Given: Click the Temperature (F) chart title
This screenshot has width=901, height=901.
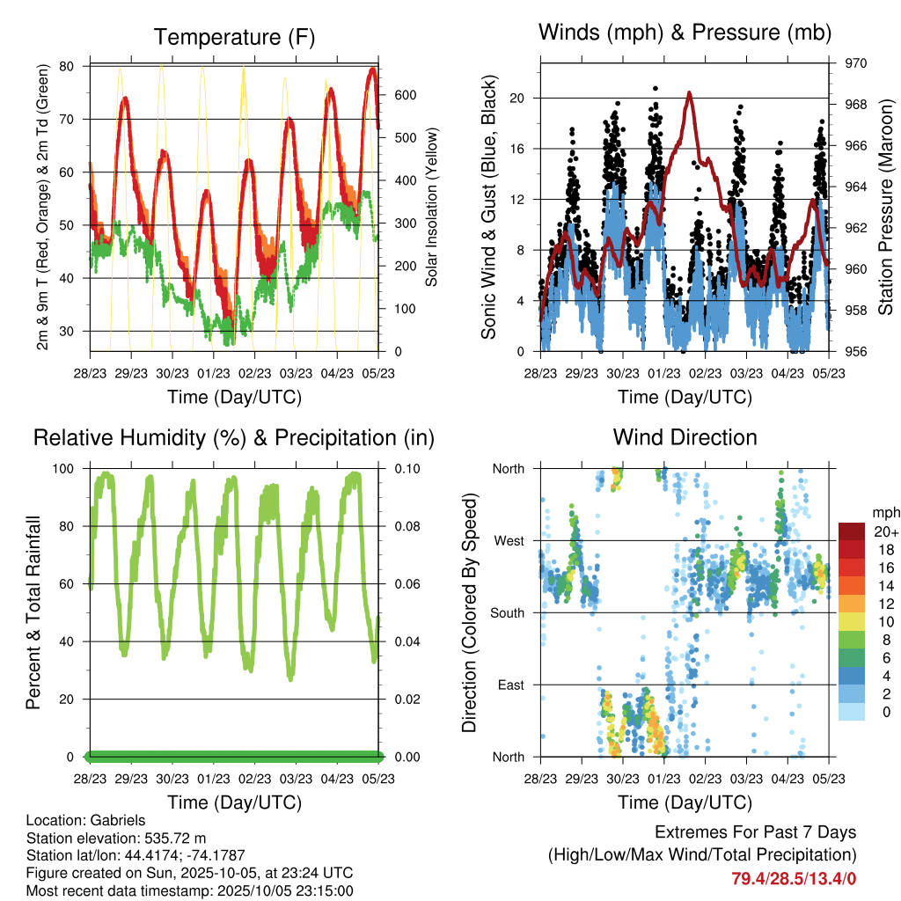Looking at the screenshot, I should tap(234, 37).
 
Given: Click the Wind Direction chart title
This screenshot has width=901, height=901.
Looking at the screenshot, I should tap(685, 436).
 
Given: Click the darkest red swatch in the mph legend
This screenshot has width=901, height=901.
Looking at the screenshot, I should tap(852, 531).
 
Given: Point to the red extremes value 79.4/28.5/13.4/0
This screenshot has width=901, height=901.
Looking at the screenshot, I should tap(794, 878).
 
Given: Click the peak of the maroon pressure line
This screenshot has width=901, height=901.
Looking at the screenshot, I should tap(690, 92).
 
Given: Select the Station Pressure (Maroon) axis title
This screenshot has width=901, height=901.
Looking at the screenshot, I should tap(885, 207).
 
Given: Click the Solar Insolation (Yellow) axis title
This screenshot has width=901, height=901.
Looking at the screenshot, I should tap(432, 207).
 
